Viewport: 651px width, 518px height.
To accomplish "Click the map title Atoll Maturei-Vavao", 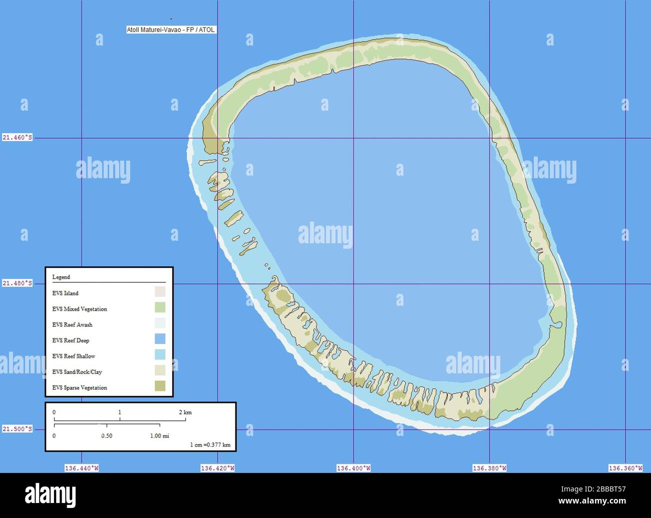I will (x=171, y=30).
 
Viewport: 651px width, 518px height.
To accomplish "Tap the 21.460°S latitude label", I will (x=18, y=137).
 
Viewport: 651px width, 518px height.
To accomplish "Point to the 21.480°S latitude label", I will (x=18, y=283).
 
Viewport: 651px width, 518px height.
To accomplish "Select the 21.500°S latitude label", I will (x=18, y=429).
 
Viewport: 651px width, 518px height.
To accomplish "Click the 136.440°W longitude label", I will (x=82, y=468).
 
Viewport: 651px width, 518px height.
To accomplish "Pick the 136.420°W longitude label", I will (x=217, y=468).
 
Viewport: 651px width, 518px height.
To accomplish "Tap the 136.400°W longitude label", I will (x=354, y=468).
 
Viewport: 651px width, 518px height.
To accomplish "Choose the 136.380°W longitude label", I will (x=489, y=468).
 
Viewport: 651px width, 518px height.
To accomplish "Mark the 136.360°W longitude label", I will (x=625, y=468).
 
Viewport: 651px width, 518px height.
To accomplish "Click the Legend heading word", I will (x=61, y=277).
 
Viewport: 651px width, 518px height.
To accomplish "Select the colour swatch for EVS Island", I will (x=160, y=291).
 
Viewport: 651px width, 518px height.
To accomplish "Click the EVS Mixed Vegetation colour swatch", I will (x=160, y=307).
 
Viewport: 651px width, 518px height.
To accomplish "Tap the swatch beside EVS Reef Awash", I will (x=160, y=323).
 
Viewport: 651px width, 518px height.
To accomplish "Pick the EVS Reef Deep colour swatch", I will (x=160, y=339).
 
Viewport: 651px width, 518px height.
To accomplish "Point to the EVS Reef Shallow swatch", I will (x=160, y=354).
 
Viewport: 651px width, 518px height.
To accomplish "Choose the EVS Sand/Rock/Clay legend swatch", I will (x=160, y=370).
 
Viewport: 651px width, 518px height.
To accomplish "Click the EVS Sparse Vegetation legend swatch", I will (x=160, y=386).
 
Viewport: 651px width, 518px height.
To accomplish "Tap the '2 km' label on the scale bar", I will (x=185, y=412).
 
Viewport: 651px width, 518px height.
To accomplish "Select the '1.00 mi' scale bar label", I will (x=160, y=436).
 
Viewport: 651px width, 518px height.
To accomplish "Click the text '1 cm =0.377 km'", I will (x=210, y=444).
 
